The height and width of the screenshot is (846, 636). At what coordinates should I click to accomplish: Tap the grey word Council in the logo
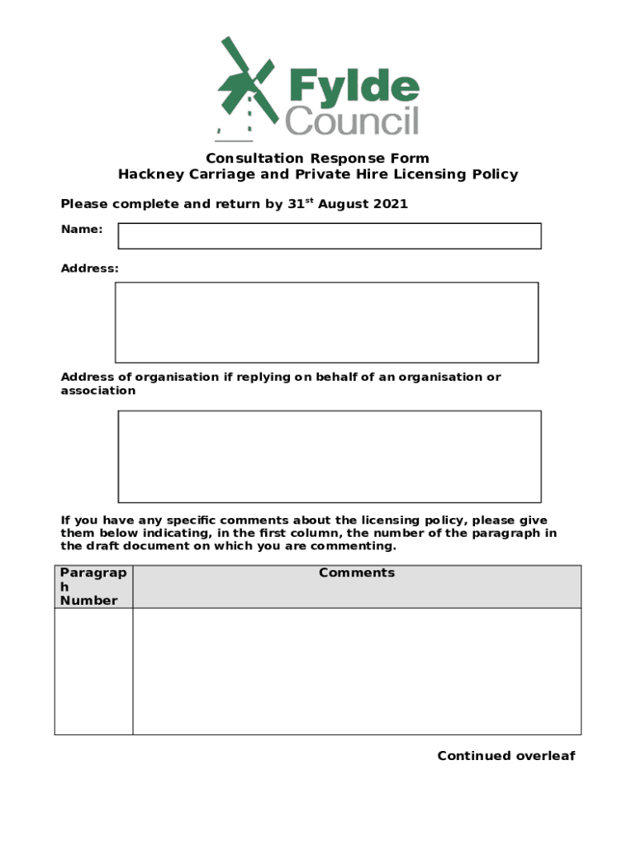352,121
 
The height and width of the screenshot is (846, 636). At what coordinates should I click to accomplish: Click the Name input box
330,235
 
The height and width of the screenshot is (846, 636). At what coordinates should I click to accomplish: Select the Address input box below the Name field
326,322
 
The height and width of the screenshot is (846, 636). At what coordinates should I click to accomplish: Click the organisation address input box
330,456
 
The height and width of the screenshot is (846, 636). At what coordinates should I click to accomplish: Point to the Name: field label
82,229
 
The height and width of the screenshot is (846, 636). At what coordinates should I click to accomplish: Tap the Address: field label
89,269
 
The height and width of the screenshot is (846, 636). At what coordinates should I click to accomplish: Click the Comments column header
357,573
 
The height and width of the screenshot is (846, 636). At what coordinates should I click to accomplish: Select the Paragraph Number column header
93,587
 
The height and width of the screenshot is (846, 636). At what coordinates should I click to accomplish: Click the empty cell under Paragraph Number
93,671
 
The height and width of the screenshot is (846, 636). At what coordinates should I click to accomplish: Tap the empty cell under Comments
357,671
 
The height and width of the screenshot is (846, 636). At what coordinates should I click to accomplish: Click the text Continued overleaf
505,756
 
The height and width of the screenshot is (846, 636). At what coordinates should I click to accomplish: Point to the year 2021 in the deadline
390,204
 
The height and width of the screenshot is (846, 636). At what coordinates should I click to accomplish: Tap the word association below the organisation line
98,391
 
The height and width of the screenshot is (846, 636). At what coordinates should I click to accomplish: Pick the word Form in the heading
411,159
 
